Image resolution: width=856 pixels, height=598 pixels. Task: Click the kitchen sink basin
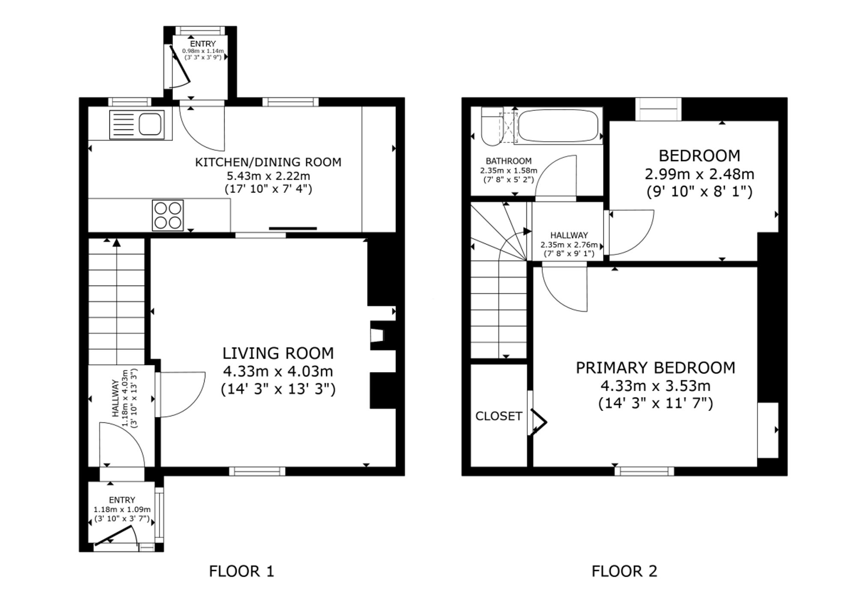coord(150,124)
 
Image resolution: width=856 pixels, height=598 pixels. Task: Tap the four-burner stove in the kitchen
coord(168,215)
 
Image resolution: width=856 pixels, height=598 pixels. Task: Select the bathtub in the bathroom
coord(559,126)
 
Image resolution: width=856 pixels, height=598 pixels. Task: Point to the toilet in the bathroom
coord(490,126)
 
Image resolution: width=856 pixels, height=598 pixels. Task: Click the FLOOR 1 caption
coord(241,571)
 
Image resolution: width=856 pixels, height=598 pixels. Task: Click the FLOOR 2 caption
coord(624,571)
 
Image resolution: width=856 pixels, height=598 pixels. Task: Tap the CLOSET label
coord(499,416)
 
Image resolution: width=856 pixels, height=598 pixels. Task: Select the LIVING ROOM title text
coord(278,353)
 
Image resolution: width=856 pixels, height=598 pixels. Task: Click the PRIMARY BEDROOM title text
coord(655,368)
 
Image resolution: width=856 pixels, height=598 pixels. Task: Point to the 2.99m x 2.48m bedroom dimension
coord(699,174)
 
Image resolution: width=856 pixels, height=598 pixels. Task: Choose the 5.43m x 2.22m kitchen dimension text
coord(268,176)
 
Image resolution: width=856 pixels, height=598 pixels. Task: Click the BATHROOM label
coord(508,161)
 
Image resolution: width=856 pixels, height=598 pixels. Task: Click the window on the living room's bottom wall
coord(257,471)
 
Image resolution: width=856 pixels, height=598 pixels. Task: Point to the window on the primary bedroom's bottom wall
coord(644,471)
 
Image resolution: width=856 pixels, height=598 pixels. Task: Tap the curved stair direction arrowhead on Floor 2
coord(527,232)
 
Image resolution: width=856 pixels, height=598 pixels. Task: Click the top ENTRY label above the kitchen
coord(203,44)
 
